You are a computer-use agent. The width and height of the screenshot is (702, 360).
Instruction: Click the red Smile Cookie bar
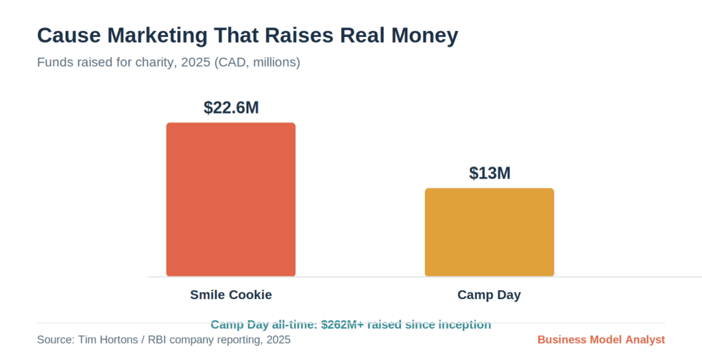(230, 200)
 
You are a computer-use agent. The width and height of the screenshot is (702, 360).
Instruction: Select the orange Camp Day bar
(489, 232)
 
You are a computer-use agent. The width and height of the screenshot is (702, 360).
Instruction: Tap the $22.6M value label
(231, 108)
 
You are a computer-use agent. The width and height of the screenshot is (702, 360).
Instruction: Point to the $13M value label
(489, 173)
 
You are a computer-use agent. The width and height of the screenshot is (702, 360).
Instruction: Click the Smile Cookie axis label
(231, 295)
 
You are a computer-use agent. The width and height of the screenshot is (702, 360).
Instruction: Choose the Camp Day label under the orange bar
(489, 295)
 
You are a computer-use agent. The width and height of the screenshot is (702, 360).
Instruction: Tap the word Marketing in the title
(157, 36)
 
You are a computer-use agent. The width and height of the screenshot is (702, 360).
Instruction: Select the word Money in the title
(425, 36)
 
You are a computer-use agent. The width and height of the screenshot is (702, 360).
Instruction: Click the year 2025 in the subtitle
(195, 62)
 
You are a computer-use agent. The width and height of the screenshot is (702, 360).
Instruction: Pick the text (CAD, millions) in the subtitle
(258, 62)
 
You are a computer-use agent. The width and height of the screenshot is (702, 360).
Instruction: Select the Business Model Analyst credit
(601, 340)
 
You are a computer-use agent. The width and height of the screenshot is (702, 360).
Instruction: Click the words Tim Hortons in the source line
(108, 340)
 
